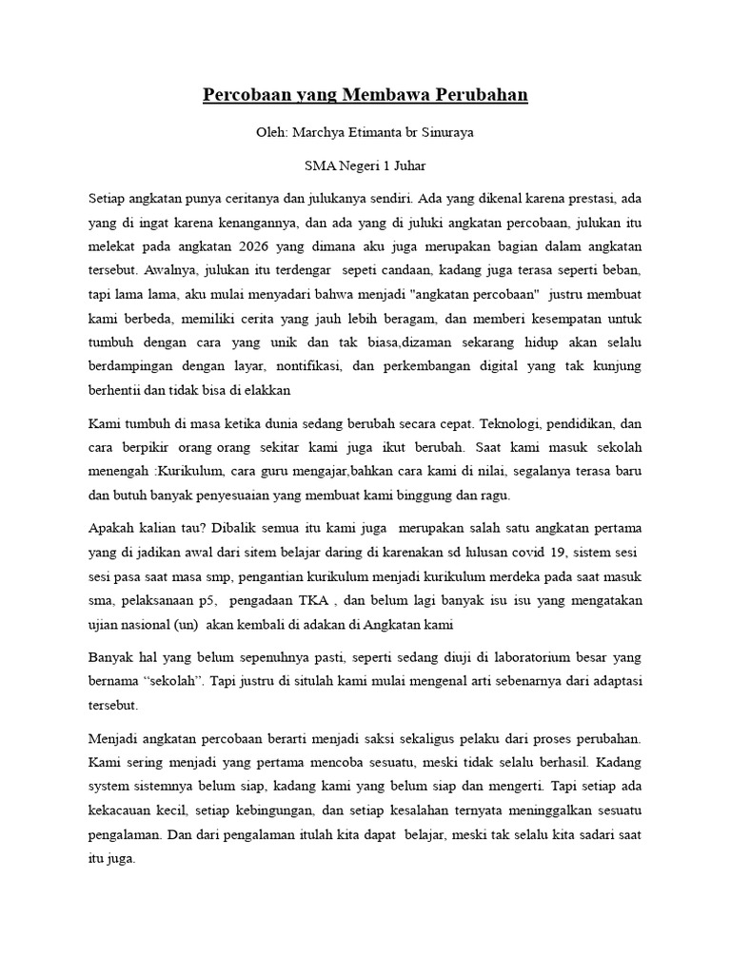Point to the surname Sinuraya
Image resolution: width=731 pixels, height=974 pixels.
[444, 132]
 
